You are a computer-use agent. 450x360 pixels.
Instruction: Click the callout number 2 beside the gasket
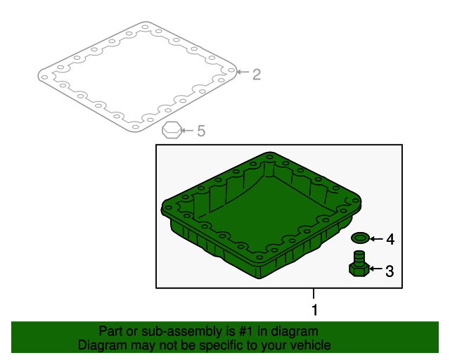(x=257, y=75)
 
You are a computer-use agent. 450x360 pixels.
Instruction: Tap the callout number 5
(x=201, y=131)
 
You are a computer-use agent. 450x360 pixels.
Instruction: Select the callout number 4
(x=390, y=240)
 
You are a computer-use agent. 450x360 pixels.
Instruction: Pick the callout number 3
(x=390, y=271)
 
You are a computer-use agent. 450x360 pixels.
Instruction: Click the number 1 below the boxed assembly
(x=315, y=310)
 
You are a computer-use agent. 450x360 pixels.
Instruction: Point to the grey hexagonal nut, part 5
(x=172, y=130)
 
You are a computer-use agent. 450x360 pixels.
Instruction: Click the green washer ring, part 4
(x=360, y=238)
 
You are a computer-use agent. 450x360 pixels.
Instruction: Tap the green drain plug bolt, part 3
(x=359, y=264)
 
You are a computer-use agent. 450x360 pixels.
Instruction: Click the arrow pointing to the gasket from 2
(x=243, y=72)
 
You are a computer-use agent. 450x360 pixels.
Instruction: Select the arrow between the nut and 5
(x=188, y=131)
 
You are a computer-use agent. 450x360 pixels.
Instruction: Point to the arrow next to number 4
(x=376, y=239)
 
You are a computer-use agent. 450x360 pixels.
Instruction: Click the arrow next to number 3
(x=375, y=269)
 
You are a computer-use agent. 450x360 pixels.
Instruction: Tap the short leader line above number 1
(x=314, y=294)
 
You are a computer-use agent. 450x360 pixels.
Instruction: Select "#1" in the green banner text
(x=246, y=331)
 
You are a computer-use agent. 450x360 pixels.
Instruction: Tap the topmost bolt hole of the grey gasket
(x=146, y=27)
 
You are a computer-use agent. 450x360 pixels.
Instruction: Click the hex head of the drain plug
(x=359, y=270)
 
